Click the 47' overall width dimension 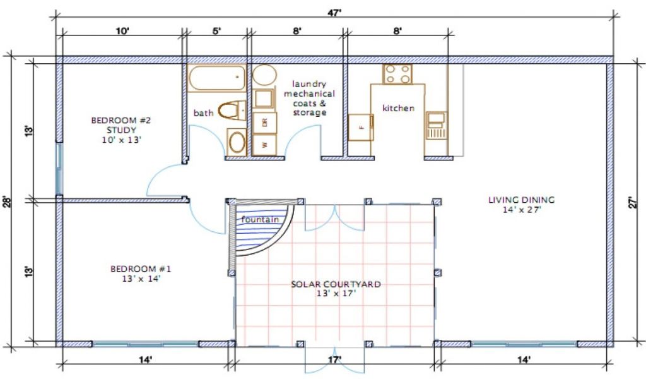(x=335, y=13)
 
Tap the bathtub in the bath (x=216, y=79)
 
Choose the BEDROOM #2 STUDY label (x=121, y=130)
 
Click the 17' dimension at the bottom (x=334, y=360)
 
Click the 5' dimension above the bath (x=217, y=31)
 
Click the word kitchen (x=399, y=108)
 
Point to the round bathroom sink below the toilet (x=237, y=141)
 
